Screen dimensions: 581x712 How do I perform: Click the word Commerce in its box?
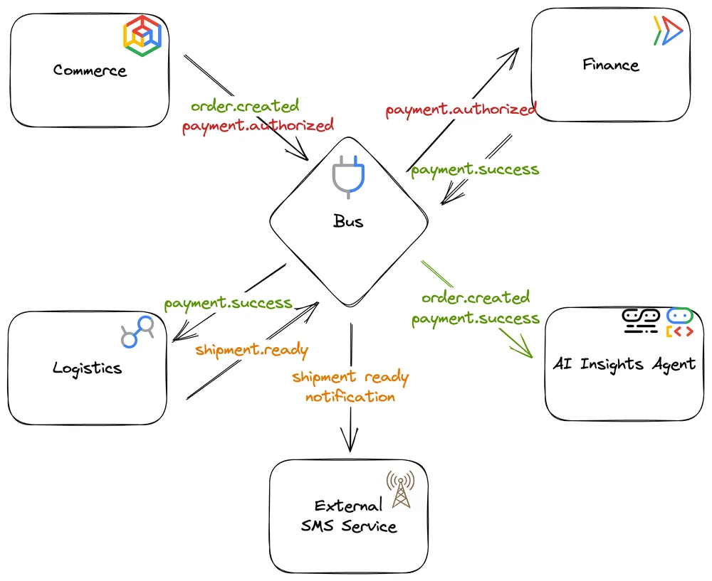coord(90,70)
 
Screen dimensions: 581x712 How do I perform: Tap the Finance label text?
coord(610,65)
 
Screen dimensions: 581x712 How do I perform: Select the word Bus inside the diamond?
coord(348,221)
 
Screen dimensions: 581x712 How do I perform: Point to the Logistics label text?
coord(87,368)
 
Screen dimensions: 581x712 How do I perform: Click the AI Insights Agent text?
coord(624,364)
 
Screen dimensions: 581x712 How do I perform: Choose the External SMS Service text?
coord(348,516)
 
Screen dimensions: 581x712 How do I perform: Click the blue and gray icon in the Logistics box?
coord(138,331)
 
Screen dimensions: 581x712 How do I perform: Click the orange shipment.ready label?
coord(251,349)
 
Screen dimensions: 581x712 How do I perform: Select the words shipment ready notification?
coord(350,386)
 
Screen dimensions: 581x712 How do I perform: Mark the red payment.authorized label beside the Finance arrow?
coord(460,110)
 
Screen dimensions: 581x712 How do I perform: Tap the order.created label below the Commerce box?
coord(244,106)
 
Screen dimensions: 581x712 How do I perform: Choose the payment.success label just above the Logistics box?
coord(228,303)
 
